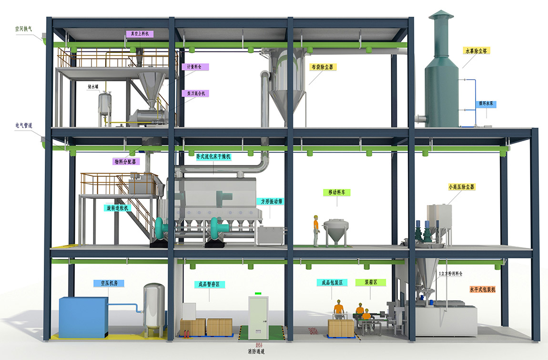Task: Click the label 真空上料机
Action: tap(140, 34)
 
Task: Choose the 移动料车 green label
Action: tap(336, 193)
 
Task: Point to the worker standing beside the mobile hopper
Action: tap(315, 231)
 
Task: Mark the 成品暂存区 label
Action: tap(209, 284)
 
